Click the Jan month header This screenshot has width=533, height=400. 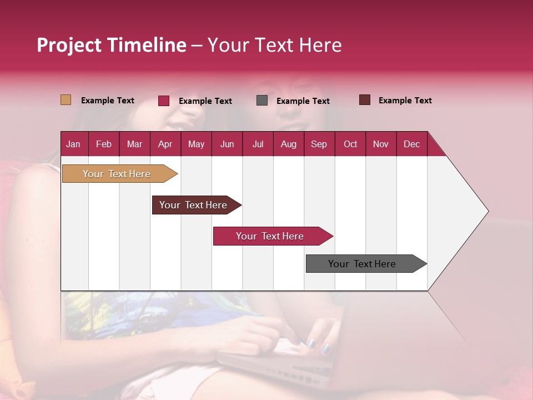pos(73,144)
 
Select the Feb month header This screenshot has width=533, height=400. pos(104,144)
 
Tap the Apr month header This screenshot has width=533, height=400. pos(165,144)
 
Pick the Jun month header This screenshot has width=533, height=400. pos(227,144)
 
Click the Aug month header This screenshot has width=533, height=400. pos(288,144)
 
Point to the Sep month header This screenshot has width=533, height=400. pos(319,144)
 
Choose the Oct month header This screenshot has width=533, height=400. pos(350,144)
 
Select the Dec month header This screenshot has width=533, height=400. pos(411,144)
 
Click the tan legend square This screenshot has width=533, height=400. pos(66,100)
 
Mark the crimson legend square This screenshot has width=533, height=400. pos(164,101)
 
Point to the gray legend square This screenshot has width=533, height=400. pos(262,101)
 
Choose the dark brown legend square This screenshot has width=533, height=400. pos(365,100)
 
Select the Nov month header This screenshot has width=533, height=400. pos(381,144)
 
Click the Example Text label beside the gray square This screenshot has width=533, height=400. pos(303,101)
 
